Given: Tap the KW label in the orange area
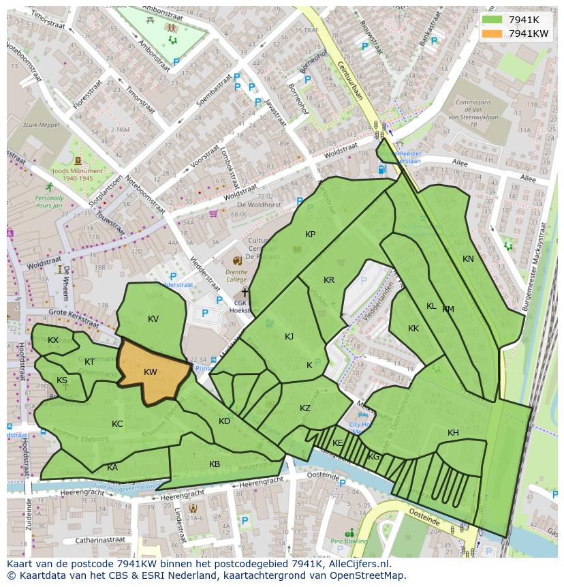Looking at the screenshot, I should pos(151,372).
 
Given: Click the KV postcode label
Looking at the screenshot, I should pos(153,318).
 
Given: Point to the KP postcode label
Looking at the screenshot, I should pos(310,235).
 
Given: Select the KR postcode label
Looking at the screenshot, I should pos(329,280).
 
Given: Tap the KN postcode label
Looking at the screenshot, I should pos(468,259).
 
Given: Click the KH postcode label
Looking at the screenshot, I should pos(453,433).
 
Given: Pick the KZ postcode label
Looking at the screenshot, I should pos(305,408).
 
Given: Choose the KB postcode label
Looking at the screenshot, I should pos(215,464).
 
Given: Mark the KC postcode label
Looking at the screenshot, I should pos(117,424).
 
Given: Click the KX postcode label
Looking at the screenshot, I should pos(53,340).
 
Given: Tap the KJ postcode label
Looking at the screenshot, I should pos(289,337).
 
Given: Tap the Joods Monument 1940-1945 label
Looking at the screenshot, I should pos(77,175).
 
